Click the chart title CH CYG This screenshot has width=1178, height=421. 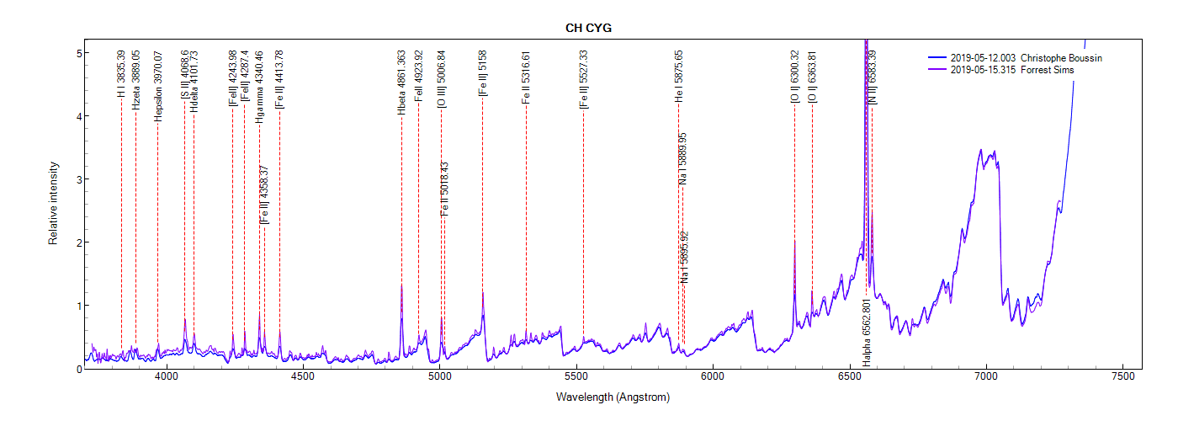point(588,28)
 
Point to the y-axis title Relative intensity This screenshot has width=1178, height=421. point(53,203)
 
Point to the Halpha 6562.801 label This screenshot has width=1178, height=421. point(867,332)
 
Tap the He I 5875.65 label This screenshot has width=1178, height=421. point(679,77)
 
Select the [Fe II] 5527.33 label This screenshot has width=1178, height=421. point(583,79)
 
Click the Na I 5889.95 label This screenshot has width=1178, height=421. point(683,158)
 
